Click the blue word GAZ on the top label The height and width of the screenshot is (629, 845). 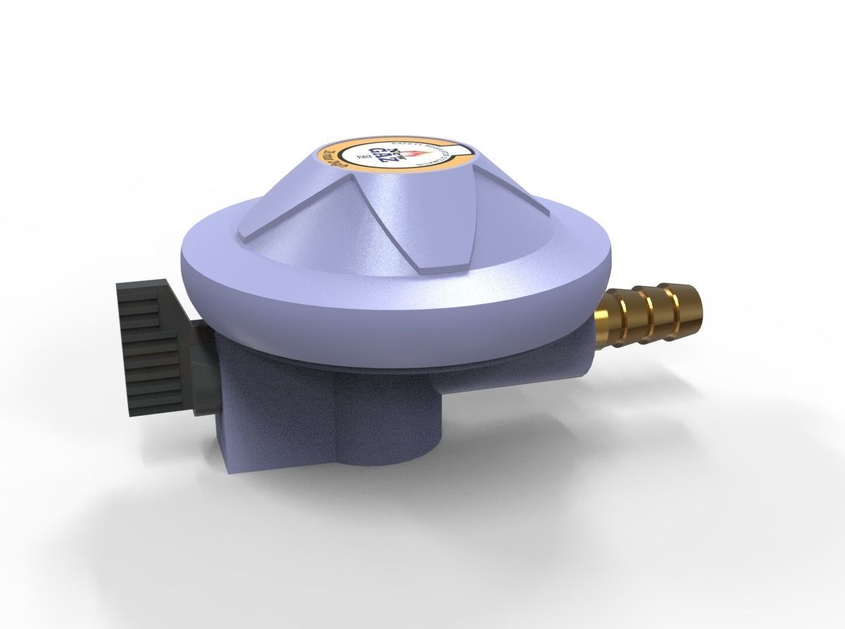381,156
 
